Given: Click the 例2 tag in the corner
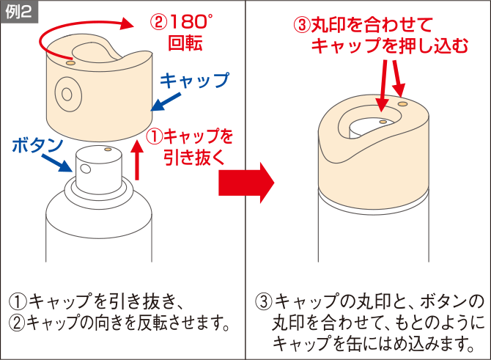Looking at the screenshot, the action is point(19,12).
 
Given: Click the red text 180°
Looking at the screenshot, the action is point(191,23).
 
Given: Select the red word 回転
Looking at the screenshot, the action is point(185,43).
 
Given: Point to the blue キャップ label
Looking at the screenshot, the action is point(194,81).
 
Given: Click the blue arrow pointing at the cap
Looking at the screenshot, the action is point(166,101).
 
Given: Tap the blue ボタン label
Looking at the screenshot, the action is point(37,145).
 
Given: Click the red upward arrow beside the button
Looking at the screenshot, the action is point(137,160).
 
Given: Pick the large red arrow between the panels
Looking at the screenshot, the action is point(246,183).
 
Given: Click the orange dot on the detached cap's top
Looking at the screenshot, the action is point(71,62).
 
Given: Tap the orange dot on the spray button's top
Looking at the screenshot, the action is point(108,149).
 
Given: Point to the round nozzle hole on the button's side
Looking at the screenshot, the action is point(86,169).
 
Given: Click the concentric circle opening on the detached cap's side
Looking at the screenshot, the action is point(68,94).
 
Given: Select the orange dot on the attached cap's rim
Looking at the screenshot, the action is point(402,103).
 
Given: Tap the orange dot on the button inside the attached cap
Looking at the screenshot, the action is point(383,122).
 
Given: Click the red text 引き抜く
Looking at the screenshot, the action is point(194,157).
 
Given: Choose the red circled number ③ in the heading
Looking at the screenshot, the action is point(302,25).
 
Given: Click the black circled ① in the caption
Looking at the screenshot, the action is point(18,301).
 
